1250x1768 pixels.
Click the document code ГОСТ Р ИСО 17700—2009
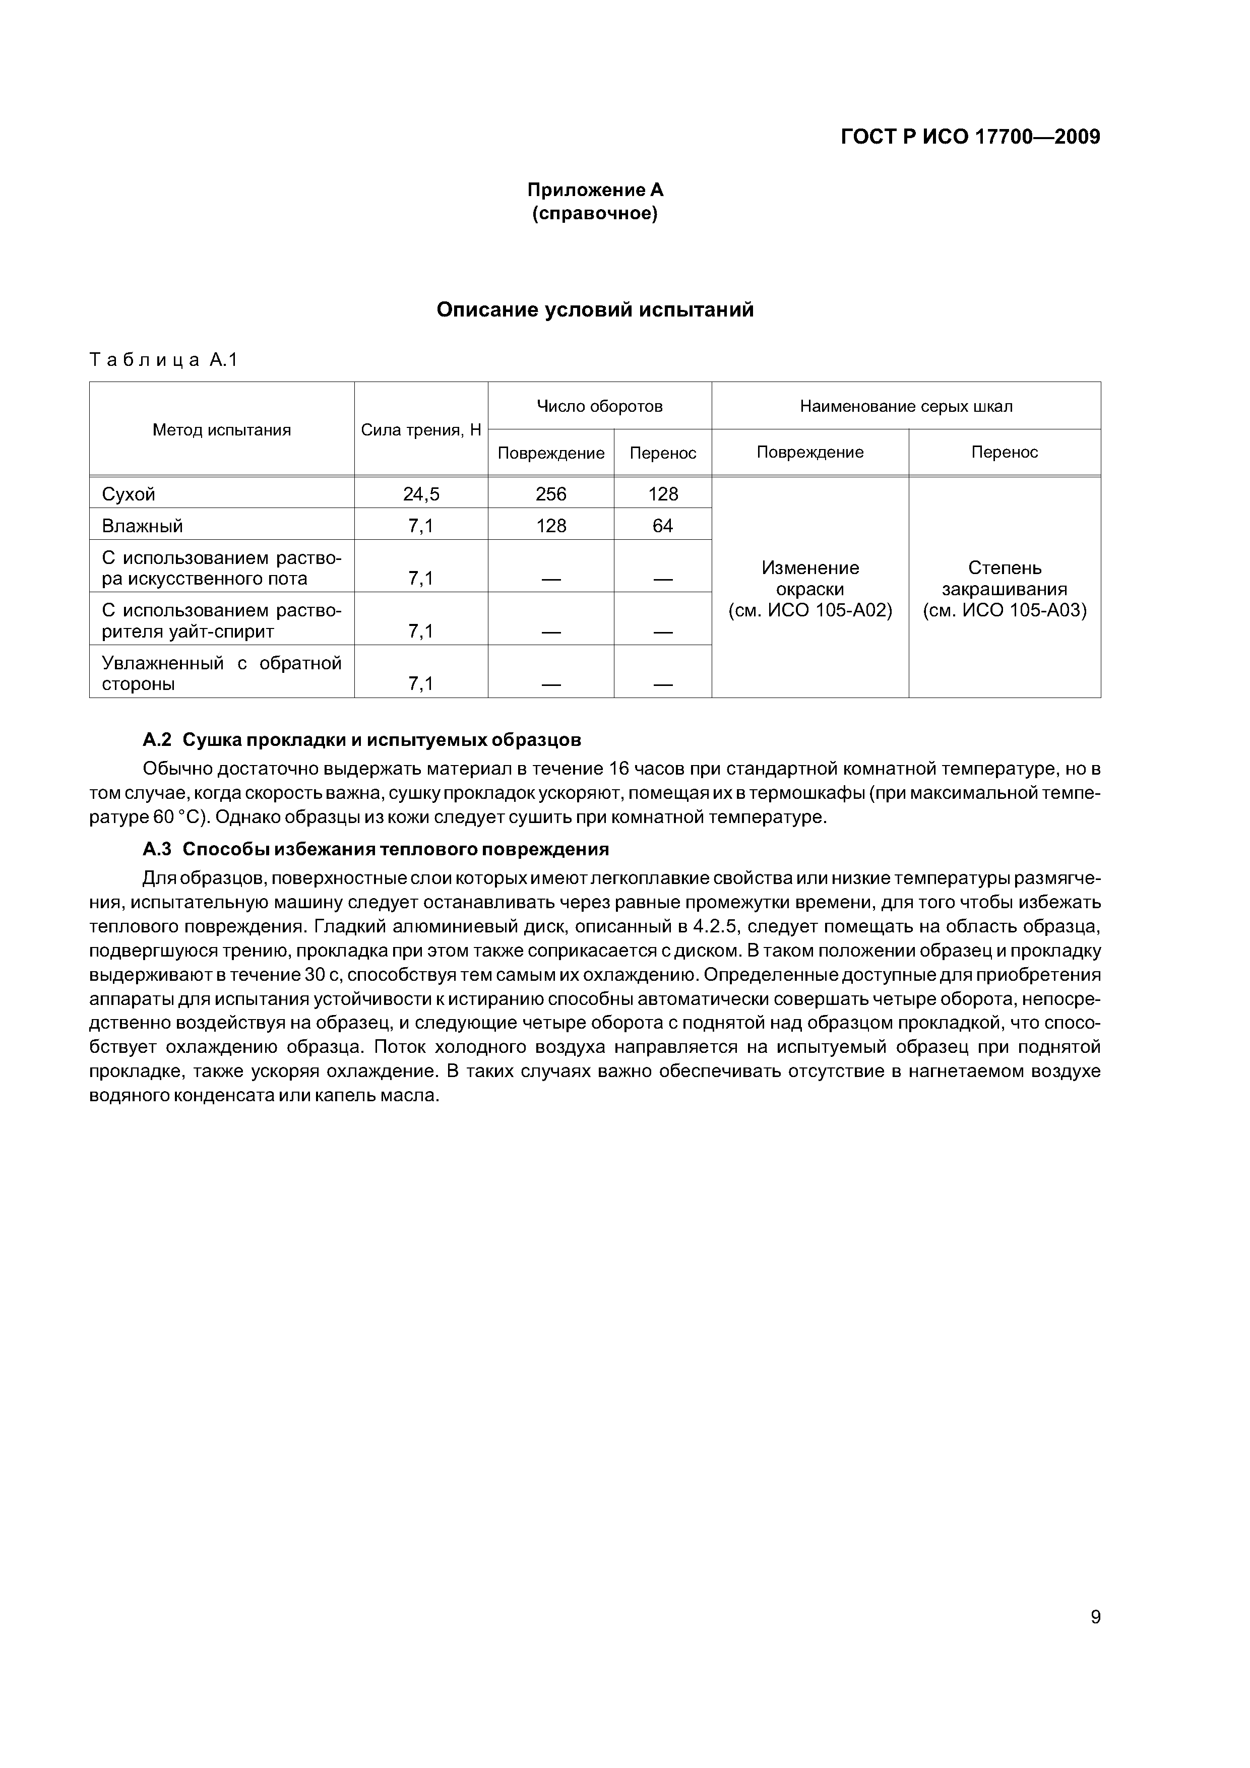coord(970,137)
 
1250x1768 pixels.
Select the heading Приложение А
coord(595,190)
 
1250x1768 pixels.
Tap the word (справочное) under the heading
coord(595,213)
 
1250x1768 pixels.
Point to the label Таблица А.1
coord(164,360)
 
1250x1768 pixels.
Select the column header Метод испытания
coord(222,430)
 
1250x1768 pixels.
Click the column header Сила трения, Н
coord(420,430)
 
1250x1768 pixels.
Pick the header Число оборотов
coord(599,406)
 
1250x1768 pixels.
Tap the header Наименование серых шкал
coord(906,406)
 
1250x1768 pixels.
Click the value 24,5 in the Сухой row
coord(420,493)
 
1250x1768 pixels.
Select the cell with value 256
coord(551,493)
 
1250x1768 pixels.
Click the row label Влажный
coord(143,526)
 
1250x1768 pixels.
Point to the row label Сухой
coord(129,493)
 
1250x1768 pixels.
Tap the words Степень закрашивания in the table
coord(1005,578)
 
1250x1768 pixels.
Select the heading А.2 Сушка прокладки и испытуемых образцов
coord(362,740)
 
